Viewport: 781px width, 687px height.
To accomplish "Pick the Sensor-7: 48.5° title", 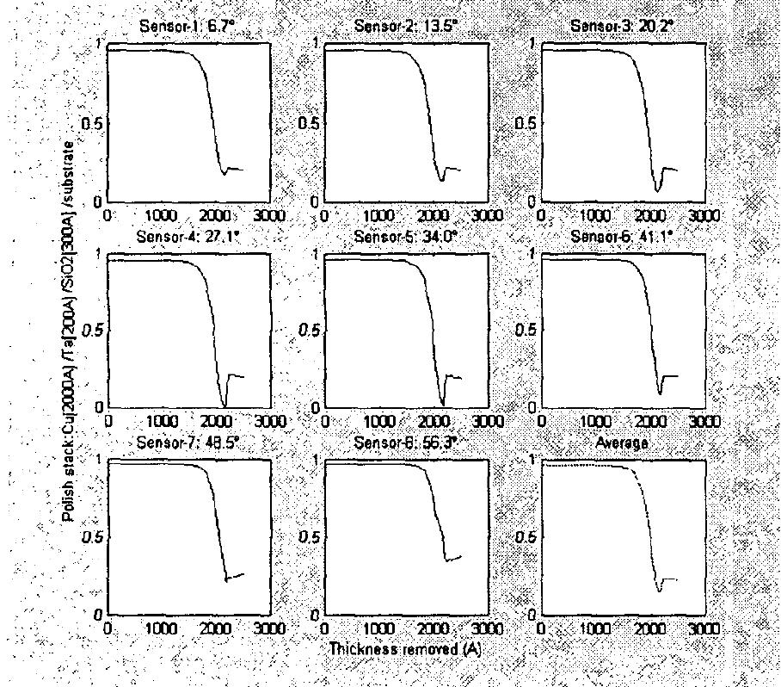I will click(x=184, y=443).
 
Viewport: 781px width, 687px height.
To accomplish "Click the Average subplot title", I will click(x=624, y=443).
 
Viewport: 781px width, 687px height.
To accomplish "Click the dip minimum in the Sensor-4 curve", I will click(x=224, y=405).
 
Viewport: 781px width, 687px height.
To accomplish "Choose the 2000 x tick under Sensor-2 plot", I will click(x=434, y=214).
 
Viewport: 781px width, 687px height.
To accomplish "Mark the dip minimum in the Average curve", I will click(x=660, y=591).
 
